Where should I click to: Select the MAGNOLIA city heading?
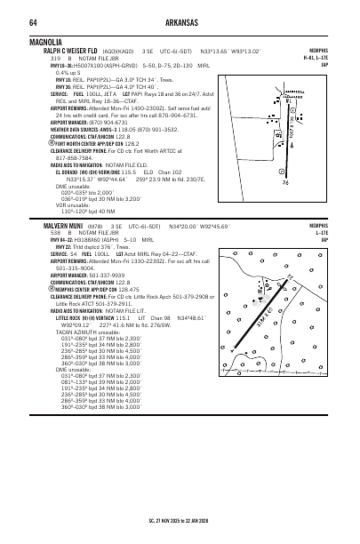click(x=47, y=42)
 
